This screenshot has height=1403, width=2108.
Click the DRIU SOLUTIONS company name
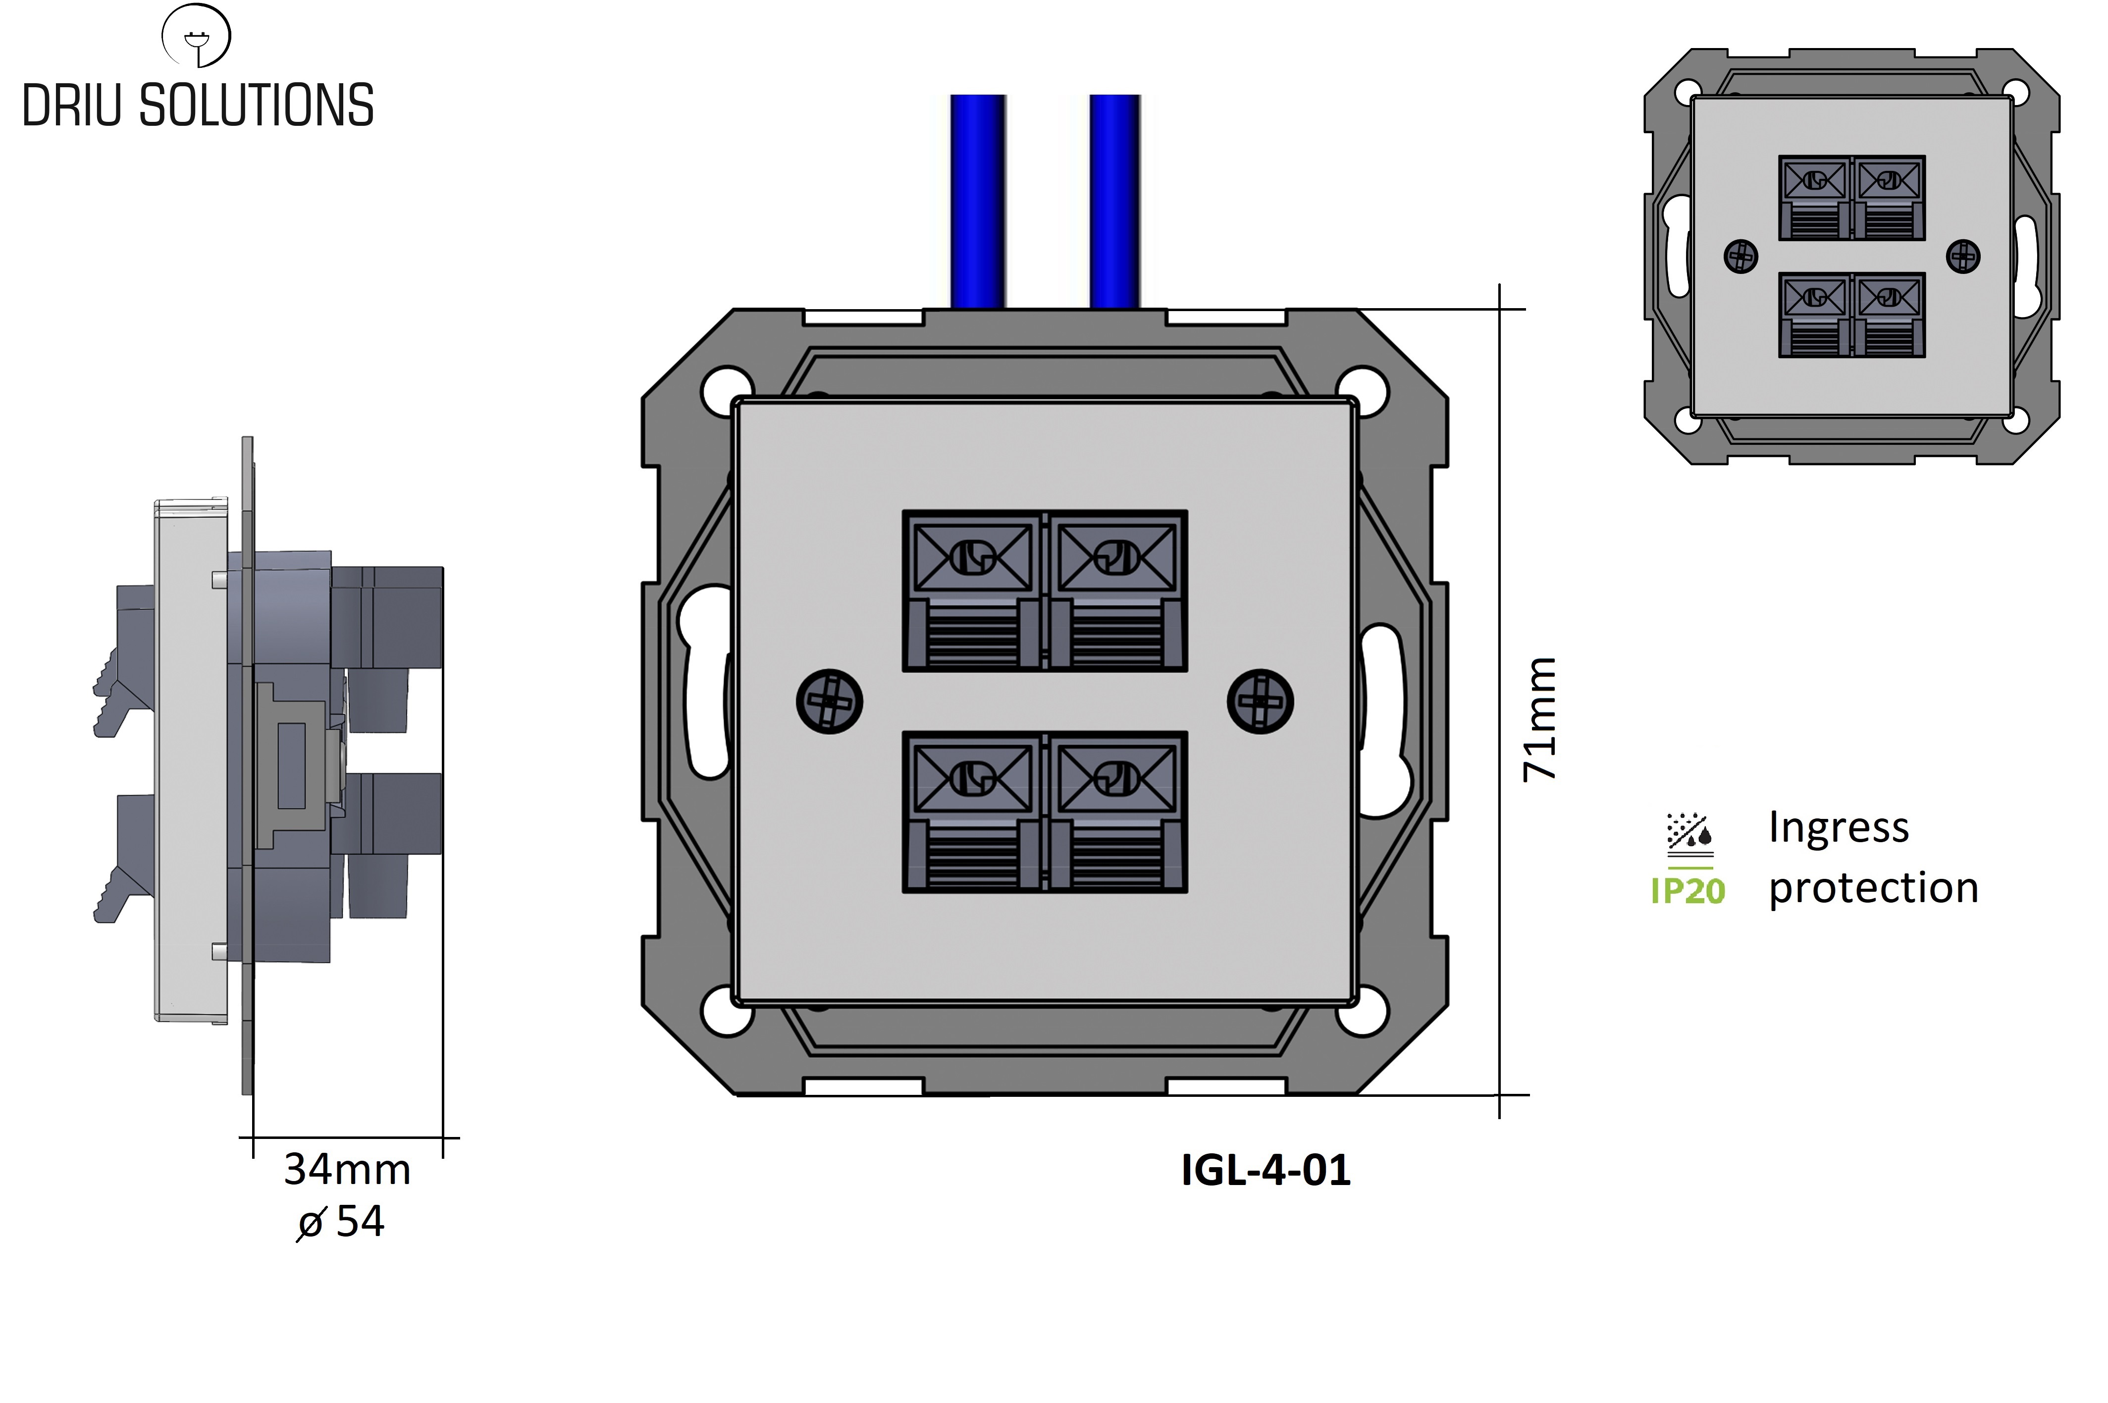(198, 106)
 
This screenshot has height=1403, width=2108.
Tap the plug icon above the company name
(196, 36)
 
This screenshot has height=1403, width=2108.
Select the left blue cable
(978, 201)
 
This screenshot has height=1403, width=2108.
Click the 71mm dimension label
(1539, 718)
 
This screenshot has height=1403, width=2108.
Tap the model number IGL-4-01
(1265, 1170)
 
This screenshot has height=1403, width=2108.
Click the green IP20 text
(1687, 891)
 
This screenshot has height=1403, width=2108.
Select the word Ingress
(1839, 828)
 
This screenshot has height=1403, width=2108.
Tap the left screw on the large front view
(829, 701)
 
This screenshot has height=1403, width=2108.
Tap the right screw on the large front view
(1260, 701)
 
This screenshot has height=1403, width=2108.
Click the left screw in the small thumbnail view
(1740, 257)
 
